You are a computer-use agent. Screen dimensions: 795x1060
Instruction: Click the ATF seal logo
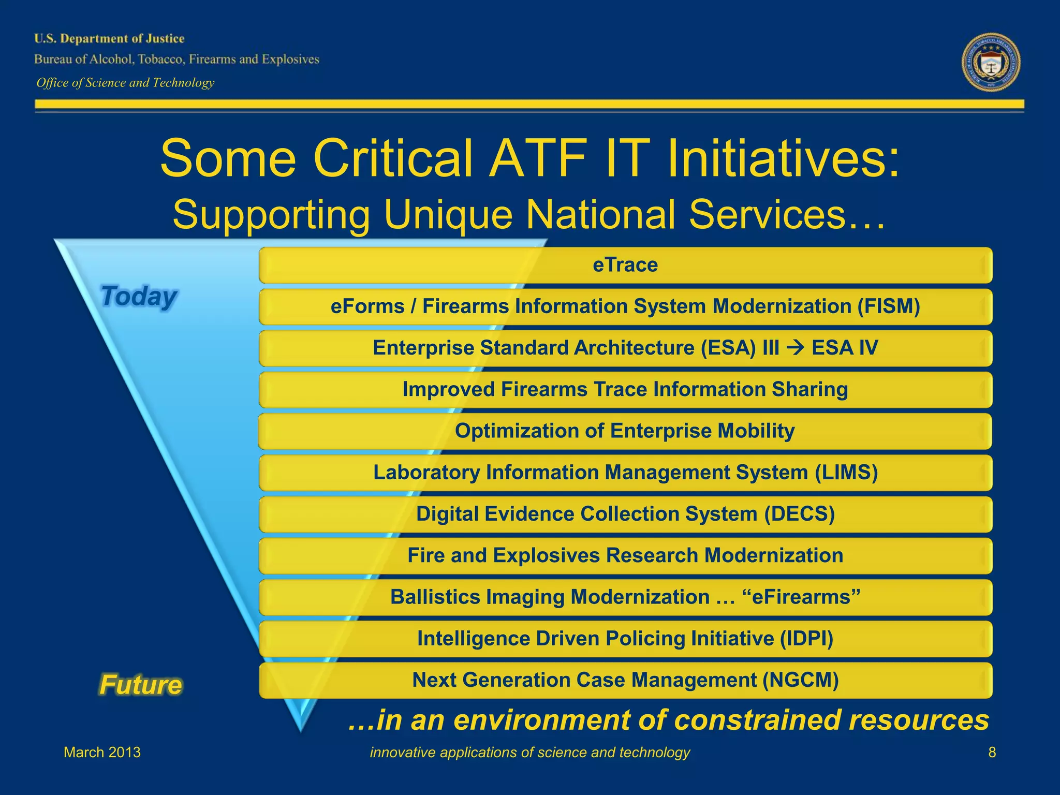click(x=991, y=62)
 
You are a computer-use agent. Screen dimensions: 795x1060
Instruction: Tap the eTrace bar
click(x=625, y=265)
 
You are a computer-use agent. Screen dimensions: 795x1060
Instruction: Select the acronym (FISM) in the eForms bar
click(x=888, y=306)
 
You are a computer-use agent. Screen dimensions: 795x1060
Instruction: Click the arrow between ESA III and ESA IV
click(x=795, y=348)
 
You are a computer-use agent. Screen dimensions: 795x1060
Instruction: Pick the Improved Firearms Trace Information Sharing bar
click(x=625, y=389)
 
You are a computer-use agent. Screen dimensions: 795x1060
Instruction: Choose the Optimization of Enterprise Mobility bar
click(x=625, y=431)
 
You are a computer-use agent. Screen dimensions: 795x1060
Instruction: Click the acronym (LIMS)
click(x=846, y=473)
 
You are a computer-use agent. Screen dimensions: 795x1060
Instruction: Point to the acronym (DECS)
click(x=799, y=514)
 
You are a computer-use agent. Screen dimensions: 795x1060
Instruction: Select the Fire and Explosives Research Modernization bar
click(x=625, y=555)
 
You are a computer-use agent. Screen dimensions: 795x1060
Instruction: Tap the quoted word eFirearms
click(x=801, y=597)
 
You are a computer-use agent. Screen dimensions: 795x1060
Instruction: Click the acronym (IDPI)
click(x=806, y=638)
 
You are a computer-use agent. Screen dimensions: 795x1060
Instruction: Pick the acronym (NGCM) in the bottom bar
click(x=801, y=680)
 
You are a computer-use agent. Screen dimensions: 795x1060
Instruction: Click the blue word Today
click(x=139, y=297)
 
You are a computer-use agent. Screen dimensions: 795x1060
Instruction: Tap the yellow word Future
click(x=141, y=685)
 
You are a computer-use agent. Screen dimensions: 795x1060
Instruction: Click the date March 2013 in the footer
click(x=102, y=752)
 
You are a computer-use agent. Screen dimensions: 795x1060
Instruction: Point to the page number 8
click(x=992, y=752)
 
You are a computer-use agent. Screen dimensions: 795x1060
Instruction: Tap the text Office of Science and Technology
click(x=125, y=83)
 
